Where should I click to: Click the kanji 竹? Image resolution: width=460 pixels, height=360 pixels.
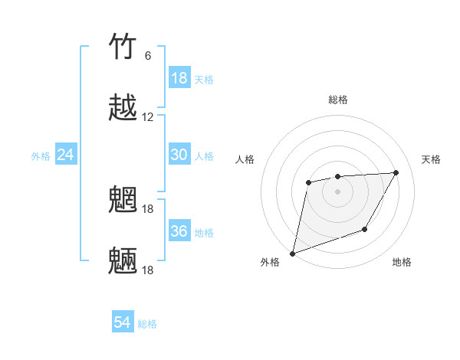pos(123,47)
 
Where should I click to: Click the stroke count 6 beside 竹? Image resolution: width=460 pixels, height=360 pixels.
pos(148,56)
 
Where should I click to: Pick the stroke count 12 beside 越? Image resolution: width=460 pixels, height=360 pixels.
pos(148,117)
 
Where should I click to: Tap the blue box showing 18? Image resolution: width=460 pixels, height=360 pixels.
pos(179,78)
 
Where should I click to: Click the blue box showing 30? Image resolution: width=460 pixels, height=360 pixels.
pos(179,155)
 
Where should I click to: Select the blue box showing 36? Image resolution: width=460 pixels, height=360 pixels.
pos(179,231)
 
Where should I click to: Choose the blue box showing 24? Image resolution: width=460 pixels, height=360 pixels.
pos(66,155)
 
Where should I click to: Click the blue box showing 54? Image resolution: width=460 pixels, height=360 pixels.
pos(123,323)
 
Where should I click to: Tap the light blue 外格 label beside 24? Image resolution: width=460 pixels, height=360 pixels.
pos(41,156)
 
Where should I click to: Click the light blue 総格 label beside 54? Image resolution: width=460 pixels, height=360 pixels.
pos(147,324)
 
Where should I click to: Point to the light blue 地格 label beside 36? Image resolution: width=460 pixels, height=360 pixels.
pos(204,233)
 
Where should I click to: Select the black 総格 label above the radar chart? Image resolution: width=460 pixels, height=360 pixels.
pos(337,100)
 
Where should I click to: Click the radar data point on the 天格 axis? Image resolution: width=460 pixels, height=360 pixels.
pos(396,173)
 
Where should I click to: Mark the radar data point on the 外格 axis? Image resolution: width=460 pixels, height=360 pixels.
pos(292,253)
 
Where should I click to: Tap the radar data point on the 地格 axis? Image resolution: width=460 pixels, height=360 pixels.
pos(365,229)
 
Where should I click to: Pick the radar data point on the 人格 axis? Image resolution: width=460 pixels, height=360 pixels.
pos(308,182)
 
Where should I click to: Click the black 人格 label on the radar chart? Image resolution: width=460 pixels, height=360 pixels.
pos(245,159)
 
